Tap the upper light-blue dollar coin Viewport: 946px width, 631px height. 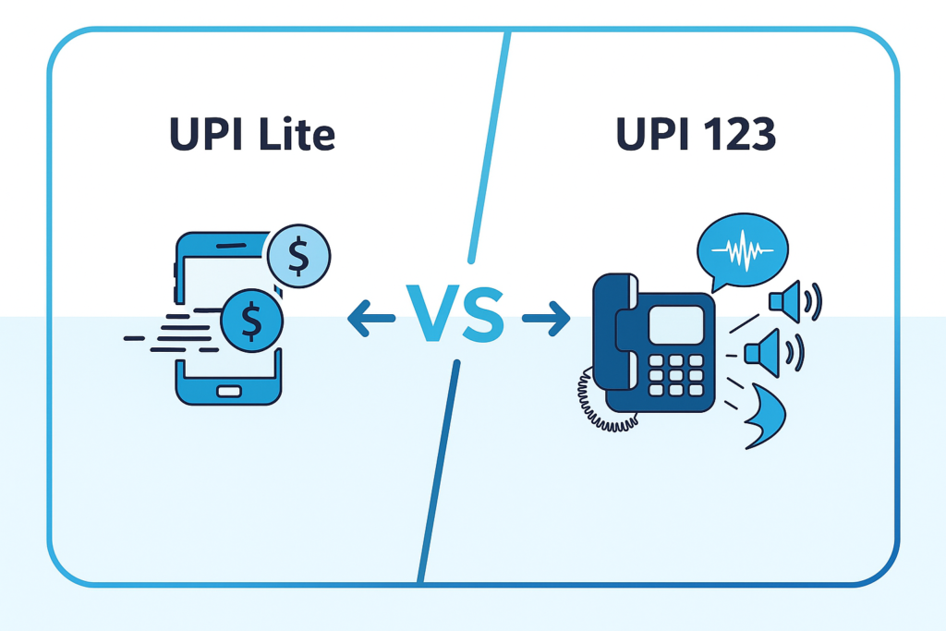point(298,257)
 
